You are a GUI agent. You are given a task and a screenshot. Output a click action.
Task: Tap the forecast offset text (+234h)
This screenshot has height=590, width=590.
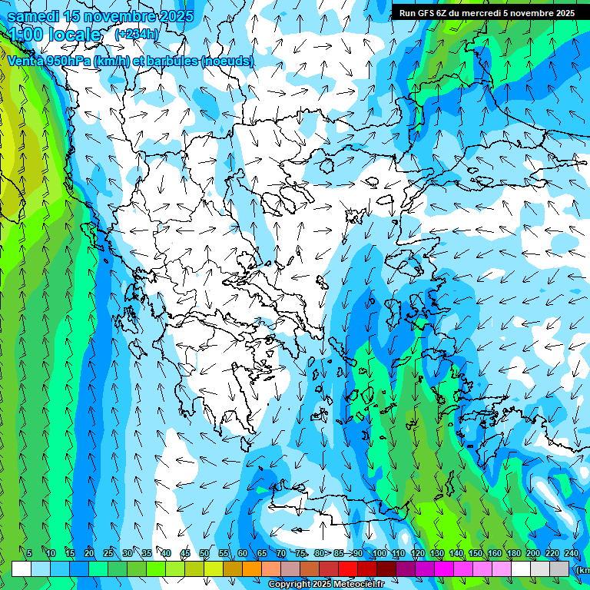(x=138, y=34)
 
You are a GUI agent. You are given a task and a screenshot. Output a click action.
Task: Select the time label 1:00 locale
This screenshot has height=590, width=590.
(x=55, y=35)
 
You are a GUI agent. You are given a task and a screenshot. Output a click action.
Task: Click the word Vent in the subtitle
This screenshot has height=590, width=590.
(x=21, y=61)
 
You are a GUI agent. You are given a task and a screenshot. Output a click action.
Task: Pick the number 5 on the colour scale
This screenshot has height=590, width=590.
(x=29, y=553)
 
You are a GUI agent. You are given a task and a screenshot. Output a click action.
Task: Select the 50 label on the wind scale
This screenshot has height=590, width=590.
(x=204, y=553)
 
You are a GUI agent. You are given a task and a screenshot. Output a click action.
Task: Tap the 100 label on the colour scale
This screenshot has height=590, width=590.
(x=379, y=553)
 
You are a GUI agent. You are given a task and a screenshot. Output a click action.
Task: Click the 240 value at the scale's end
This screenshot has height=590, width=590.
(x=572, y=553)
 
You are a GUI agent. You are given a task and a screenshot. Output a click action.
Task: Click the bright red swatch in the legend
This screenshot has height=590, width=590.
(x=348, y=568)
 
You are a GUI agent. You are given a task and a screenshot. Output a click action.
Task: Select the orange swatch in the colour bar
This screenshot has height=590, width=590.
(x=252, y=568)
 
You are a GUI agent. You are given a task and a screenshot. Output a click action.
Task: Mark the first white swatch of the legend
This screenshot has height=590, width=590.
(x=22, y=568)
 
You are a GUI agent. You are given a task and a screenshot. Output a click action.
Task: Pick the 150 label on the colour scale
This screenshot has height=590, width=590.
(x=476, y=553)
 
